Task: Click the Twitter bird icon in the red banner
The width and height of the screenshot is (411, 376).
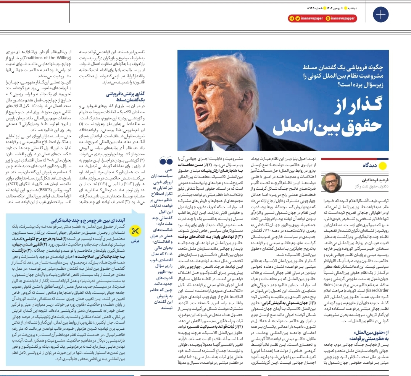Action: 298,18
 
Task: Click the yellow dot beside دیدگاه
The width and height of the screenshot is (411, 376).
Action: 384,166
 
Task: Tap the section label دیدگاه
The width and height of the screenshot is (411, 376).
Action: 370,166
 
